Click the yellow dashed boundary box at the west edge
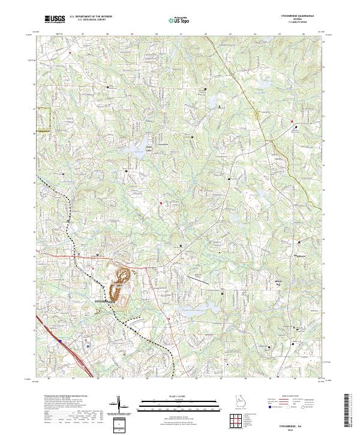point(43,118)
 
